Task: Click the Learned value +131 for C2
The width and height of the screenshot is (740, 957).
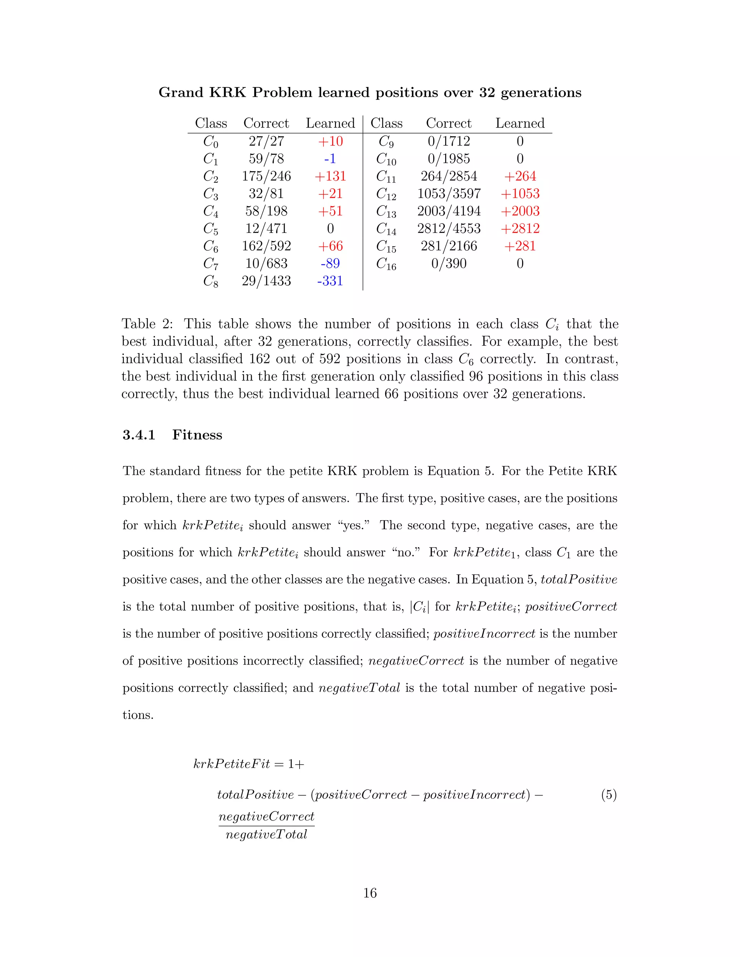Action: click(x=330, y=176)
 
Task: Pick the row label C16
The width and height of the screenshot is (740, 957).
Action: click(x=386, y=264)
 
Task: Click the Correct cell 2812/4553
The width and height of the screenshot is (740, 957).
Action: click(x=448, y=228)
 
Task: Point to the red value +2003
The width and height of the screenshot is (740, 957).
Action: click(x=520, y=211)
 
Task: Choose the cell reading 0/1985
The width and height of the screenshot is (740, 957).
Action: click(x=448, y=159)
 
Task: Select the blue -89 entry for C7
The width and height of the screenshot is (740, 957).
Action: click(x=330, y=263)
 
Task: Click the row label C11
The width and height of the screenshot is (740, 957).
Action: click(x=386, y=177)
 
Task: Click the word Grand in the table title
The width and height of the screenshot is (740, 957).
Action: click(x=181, y=92)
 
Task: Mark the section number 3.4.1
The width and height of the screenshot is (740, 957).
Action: click(x=139, y=435)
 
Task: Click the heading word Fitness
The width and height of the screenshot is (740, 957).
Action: click(x=197, y=435)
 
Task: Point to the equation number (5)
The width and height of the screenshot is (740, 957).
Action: click(x=608, y=794)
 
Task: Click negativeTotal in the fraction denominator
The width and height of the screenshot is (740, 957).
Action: click(x=266, y=835)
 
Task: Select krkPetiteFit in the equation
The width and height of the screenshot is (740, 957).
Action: click(x=232, y=764)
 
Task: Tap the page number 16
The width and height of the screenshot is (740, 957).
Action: click(x=370, y=893)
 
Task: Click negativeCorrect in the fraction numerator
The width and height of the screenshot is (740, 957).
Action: click(x=266, y=817)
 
